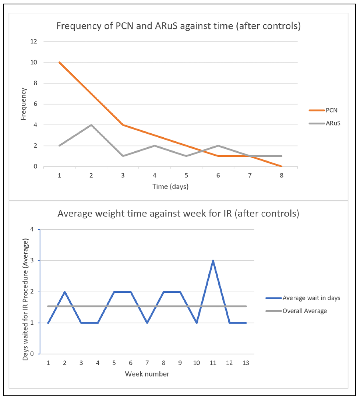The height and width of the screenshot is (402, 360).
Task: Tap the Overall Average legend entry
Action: (x=304, y=311)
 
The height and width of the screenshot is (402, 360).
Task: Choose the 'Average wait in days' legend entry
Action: (x=311, y=298)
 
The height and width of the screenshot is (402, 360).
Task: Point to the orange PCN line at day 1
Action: (x=59, y=63)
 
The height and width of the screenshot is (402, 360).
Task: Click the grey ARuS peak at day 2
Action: (x=91, y=125)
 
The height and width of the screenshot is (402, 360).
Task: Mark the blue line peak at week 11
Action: (x=213, y=261)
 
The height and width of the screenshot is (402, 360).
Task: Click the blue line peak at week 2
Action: (x=65, y=292)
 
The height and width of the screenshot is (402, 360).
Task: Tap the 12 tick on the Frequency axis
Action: (x=34, y=42)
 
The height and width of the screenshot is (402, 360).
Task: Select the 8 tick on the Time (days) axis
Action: (x=282, y=176)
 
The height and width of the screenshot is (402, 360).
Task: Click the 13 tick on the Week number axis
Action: (x=246, y=363)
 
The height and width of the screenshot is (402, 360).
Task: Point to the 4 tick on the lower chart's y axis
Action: (x=32, y=229)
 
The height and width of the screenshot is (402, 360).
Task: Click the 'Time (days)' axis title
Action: (x=170, y=187)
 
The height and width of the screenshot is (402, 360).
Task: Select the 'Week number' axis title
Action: (x=147, y=374)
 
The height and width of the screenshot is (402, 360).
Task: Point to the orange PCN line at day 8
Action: (x=282, y=166)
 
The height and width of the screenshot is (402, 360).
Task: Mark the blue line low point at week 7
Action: (x=147, y=323)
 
